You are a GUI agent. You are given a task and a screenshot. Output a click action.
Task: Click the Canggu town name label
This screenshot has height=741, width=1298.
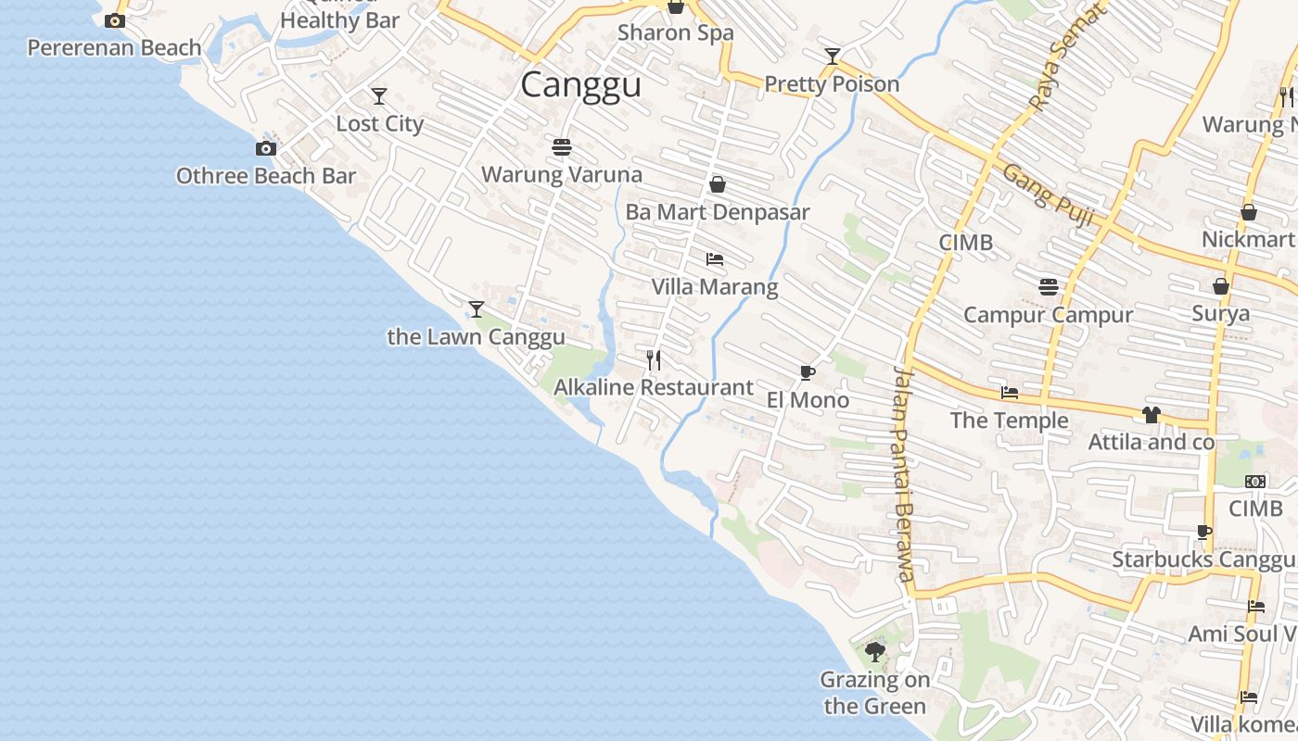580,85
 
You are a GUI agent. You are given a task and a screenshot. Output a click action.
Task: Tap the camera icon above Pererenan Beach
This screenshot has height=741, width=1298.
115,20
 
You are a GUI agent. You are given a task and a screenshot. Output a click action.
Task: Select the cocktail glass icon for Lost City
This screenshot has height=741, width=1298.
378,96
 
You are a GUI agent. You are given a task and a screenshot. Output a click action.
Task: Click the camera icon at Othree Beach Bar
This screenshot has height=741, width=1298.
266,148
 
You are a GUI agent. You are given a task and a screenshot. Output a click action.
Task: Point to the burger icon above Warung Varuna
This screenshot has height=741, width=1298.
561,146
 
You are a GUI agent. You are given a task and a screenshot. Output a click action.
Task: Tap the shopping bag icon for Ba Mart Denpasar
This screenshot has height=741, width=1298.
717,184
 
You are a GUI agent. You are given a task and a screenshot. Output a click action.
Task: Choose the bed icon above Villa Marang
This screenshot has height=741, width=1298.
714,259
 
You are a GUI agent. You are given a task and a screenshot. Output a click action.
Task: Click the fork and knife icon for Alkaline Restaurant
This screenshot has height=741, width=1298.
654,359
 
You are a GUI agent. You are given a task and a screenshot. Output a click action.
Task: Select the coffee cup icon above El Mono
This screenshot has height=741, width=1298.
807,372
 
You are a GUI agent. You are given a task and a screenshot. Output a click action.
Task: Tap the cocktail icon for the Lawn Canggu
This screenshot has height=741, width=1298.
477,308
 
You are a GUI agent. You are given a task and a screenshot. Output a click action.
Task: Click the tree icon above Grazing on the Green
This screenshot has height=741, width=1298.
874,652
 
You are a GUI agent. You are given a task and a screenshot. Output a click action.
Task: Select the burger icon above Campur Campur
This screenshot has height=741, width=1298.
1049,287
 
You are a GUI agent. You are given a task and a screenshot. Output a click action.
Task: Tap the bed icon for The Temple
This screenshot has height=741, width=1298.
1010,393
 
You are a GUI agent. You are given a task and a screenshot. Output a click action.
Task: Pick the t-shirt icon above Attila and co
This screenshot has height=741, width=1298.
1152,414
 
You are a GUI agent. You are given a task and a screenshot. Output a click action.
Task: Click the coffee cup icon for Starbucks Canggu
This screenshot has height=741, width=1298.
1203,532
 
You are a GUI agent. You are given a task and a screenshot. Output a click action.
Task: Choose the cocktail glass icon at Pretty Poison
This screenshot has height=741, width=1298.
833,57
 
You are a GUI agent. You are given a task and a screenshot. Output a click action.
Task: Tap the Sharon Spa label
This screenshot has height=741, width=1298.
676,32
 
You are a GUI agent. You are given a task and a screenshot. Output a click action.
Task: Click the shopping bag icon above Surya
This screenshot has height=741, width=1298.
1221,286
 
